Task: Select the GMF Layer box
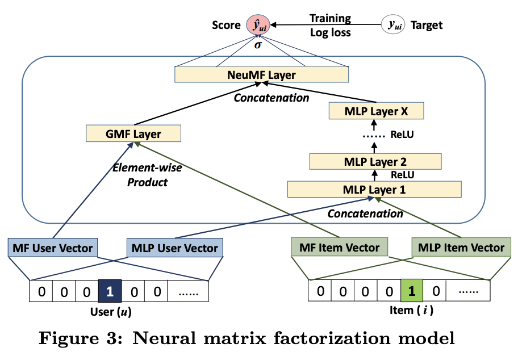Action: click(x=133, y=134)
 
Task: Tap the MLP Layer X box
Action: click(x=376, y=111)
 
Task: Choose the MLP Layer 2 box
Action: click(x=375, y=161)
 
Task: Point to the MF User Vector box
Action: click(x=53, y=248)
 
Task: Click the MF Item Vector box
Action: click(x=339, y=248)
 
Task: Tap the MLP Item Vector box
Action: click(x=461, y=248)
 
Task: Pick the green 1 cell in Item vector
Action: click(x=412, y=292)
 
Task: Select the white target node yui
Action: click(x=392, y=25)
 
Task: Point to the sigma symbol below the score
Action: click(x=258, y=44)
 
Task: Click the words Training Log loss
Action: click(x=330, y=26)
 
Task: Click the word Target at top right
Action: click(x=426, y=25)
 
